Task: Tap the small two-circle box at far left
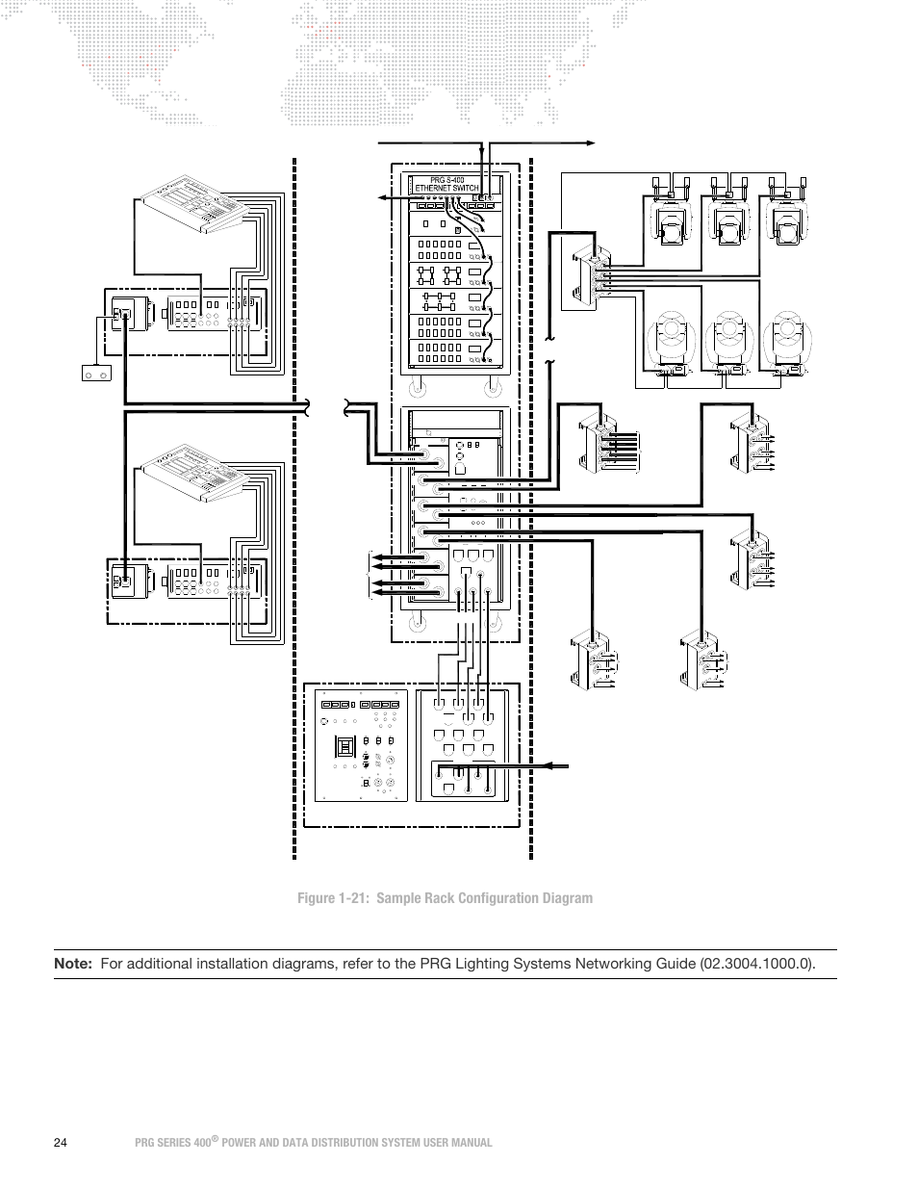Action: click(x=94, y=372)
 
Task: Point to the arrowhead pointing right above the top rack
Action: click(x=591, y=142)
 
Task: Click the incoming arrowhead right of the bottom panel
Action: click(x=550, y=766)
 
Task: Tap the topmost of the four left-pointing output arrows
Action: click(x=378, y=557)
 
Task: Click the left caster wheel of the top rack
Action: click(x=417, y=390)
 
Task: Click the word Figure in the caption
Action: click(x=318, y=898)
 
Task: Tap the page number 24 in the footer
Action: click(x=61, y=1143)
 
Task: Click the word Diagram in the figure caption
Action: click(x=567, y=898)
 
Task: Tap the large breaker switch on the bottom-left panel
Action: click(x=341, y=747)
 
